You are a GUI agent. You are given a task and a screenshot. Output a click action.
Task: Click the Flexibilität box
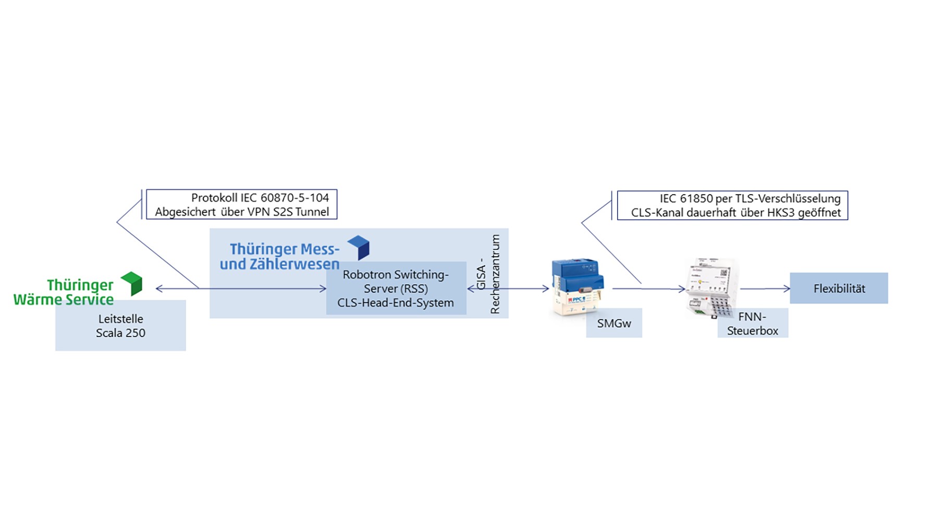838,288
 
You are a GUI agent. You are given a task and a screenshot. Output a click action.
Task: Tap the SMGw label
613,323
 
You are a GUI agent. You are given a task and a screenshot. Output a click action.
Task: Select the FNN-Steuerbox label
752,323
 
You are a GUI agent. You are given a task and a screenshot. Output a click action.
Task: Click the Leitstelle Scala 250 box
120,325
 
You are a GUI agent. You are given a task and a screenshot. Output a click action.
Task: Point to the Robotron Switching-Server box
396,288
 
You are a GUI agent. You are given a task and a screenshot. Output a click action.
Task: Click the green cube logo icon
132,283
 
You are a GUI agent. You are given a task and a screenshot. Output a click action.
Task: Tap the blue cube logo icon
359,247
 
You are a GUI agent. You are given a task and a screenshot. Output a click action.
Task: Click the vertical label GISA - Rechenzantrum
488,274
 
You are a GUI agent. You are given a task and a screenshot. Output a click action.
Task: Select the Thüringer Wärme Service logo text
64,292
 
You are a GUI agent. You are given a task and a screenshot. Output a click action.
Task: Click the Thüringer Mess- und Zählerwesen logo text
280,256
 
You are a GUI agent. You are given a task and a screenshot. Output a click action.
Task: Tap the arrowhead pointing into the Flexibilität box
787,288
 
